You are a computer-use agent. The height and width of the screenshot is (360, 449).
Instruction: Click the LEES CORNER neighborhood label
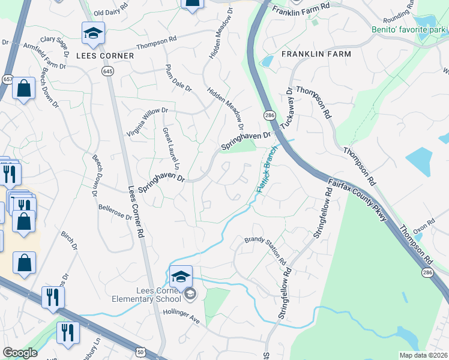(x=104, y=55)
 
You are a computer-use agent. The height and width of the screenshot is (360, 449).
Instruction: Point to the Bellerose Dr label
(x=115, y=212)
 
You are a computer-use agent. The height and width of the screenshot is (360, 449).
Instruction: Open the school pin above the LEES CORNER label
(x=93, y=34)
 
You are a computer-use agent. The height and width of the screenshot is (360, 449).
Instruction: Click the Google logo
(x=20, y=353)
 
